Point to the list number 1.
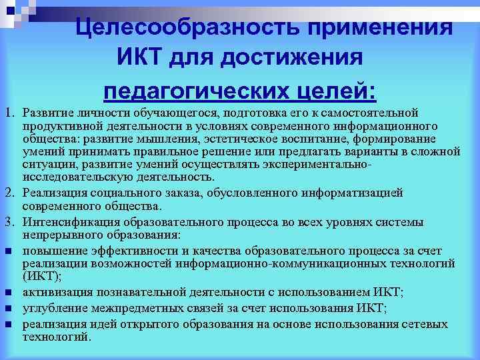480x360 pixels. point(8,111)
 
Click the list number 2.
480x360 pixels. point(8,193)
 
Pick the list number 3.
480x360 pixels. point(8,222)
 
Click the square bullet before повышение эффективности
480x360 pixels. point(9,251)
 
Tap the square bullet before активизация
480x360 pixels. point(9,293)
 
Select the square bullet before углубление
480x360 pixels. point(9,308)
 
